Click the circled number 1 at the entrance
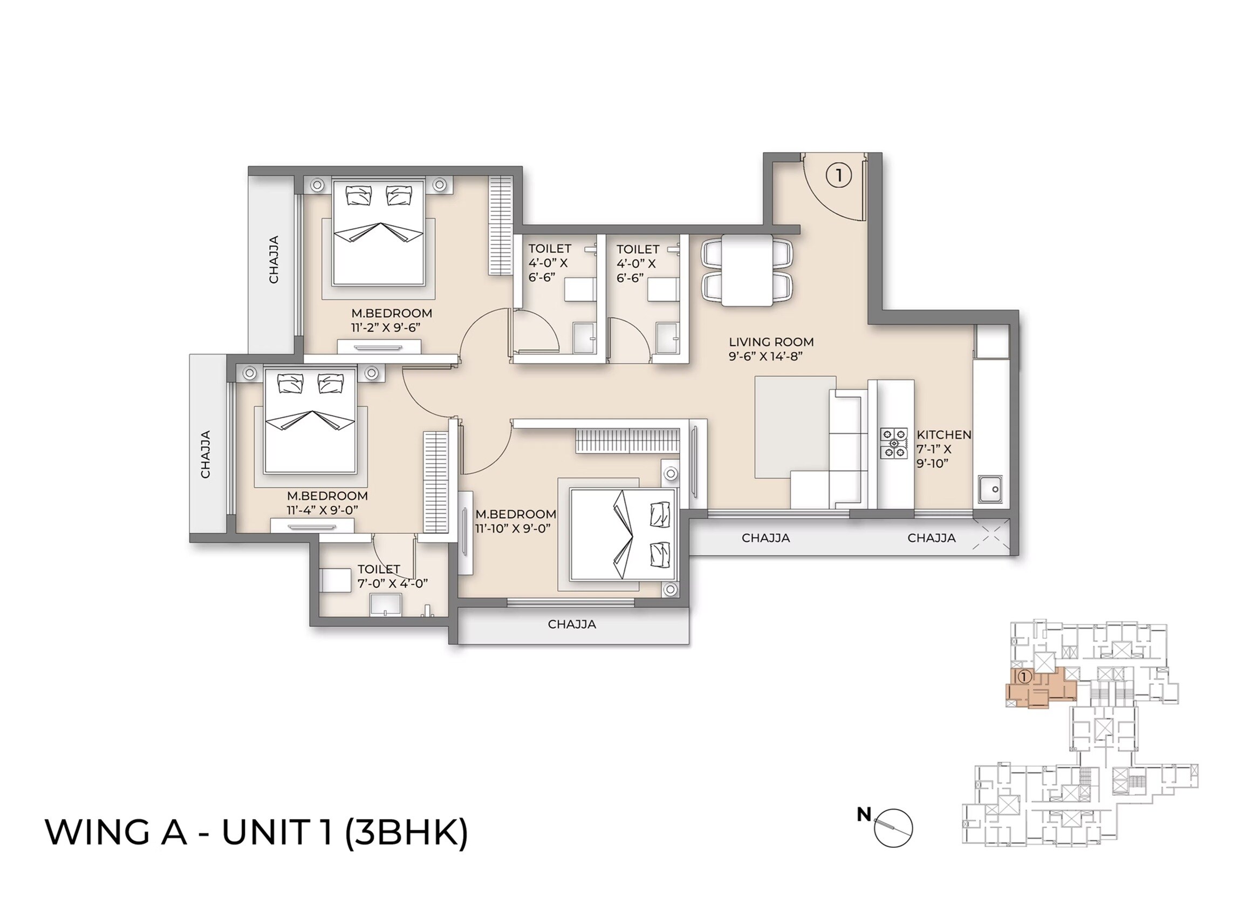(x=838, y=175)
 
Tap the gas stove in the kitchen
(x=894, y=444)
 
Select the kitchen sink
(x=990, y=490)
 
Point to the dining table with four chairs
(x=747, y=270)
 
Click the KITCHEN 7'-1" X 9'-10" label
(x=943, y=449)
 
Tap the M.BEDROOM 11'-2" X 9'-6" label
(x=391, y=320)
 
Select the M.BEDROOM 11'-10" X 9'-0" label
(x=515, y=521)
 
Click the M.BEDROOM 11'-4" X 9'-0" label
(x=326, y=502)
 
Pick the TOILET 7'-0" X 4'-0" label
(x=392, y=576)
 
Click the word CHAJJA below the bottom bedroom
(x=572, y=624)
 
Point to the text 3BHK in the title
(x=407, y=832)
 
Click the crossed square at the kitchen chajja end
(x=992, y=536)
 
